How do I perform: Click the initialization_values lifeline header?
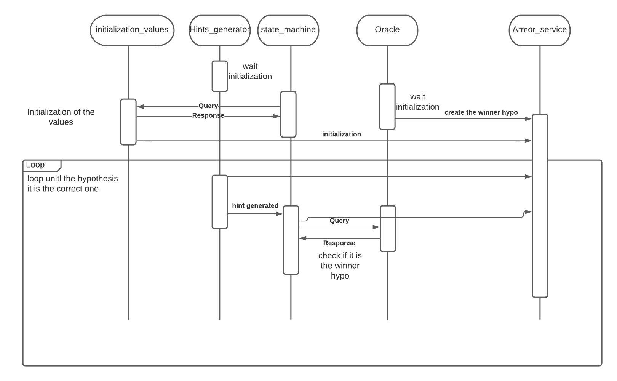coord(132,30)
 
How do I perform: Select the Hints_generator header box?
coord(219,30)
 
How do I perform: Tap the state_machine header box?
coord(288,30)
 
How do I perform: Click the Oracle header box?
coord(387,30)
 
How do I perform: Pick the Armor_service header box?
coord(539,30)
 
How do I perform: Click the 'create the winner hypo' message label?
coord(481,112)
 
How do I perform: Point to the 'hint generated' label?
coord(255,206)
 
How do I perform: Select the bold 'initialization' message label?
coord(341,134)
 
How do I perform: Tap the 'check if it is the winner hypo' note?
coord(340,266)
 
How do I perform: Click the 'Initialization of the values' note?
coord(61,117)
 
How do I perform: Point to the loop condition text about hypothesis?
coord(72,184)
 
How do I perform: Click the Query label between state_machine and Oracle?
coord(339,221)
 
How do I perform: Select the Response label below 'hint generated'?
coord(339,243)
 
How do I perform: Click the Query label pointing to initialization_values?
coord(208,106)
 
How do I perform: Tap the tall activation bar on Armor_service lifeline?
coord(540,206)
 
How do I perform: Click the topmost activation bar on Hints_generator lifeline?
coord(220,76)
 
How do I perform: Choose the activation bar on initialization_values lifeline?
coord(128,122)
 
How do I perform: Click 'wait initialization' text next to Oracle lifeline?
coord(417,102)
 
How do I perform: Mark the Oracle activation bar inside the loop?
coord(388,229)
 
